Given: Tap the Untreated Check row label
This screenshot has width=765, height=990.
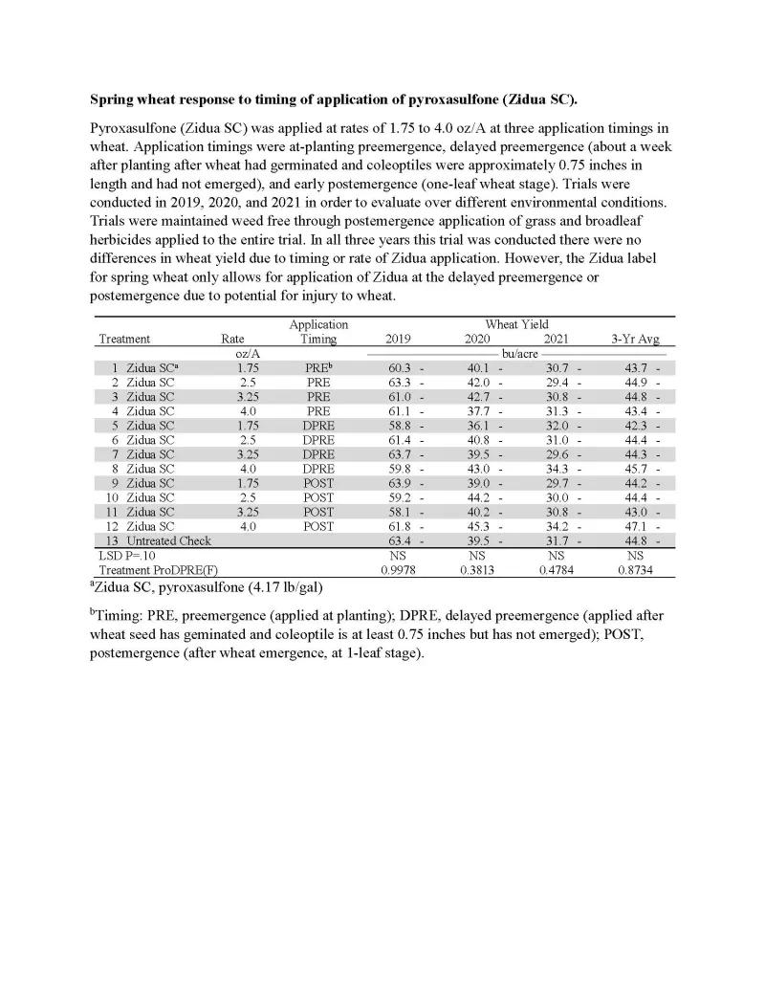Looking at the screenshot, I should tap(168, 541).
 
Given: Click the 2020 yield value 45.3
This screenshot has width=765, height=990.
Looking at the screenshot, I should tap(478, 527).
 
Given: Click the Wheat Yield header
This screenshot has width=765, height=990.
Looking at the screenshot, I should tap(516, 324).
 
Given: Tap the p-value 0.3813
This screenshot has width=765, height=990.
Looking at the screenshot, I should tap(478, 570).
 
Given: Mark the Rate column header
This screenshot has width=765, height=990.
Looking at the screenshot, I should tap(232, 339).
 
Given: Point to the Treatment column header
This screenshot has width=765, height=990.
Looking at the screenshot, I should tap(124, 339).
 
